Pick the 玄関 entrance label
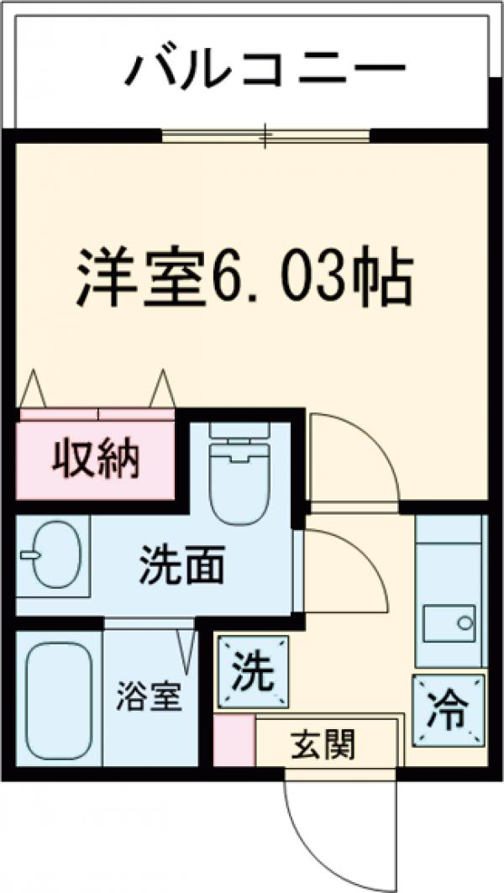323,743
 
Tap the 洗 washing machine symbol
253,672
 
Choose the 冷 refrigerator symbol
449,710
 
